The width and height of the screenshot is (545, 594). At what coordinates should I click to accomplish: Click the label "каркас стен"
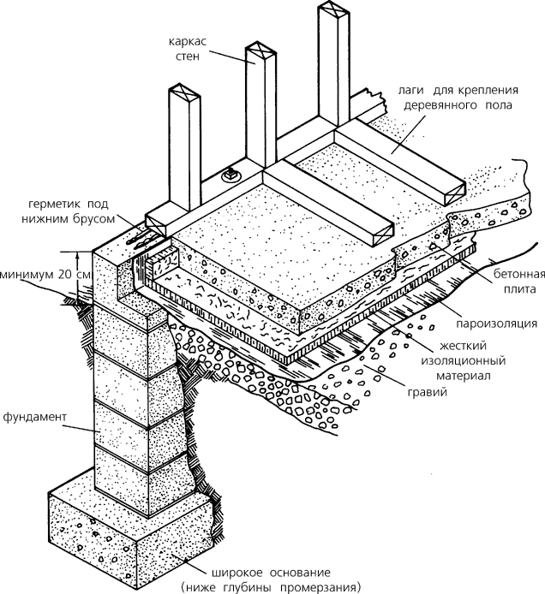pos(188,49)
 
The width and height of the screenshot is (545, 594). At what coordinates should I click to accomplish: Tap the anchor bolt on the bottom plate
pos(231,175)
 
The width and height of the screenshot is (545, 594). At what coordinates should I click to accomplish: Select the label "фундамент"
pos(35,417)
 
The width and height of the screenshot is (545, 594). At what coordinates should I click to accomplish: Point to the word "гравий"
pos(427,392)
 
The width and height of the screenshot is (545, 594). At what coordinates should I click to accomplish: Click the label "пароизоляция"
pos(496,324)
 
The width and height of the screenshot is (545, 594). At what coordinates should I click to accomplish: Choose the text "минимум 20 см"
pos(45,275)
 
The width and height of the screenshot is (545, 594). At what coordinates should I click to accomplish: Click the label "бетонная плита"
pos(518,281)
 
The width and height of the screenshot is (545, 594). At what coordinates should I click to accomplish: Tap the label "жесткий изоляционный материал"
pos(463,360)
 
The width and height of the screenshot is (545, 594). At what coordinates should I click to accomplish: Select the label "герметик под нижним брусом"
pos(69,211)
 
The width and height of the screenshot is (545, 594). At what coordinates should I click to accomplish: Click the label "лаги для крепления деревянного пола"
pos(458,98)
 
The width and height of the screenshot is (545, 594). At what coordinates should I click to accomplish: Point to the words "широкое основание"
pos(271,572)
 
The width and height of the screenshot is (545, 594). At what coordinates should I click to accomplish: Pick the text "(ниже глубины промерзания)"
pos(271,587)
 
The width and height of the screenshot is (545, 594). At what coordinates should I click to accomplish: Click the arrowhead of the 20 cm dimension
pos(78,257)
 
